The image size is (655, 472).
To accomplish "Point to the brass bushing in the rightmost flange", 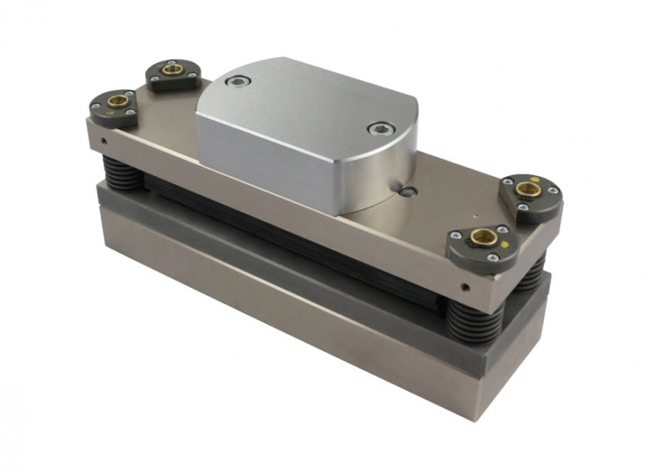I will click(x=530, y=190).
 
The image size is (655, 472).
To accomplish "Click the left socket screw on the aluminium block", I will click(x=237, y=81).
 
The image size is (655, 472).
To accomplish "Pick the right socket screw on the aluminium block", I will click(x=377, y=128).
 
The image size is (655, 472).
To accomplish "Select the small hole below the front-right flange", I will click(x=464, y=288).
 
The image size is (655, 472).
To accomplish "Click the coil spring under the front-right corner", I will click(x=473, y=322).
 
